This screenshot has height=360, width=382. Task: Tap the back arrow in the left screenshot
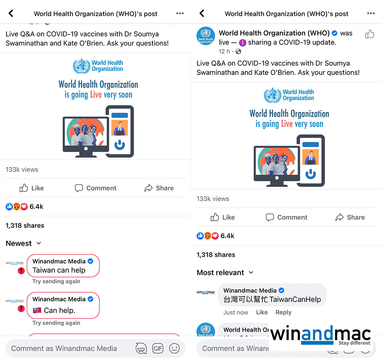[11, 13]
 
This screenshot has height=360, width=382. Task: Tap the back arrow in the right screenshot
[202, 13]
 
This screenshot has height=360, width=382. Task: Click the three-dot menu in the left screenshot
[180, 13]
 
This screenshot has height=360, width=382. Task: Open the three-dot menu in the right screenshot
[371, 13]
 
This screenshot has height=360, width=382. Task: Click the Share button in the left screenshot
[159, 188]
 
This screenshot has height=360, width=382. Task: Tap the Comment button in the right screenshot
[286, 217]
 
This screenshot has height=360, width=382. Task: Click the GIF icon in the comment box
[158, 348]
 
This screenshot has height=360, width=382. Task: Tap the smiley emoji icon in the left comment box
[174, 348]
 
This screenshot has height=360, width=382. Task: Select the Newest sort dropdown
[23, 243]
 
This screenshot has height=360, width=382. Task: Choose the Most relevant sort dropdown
[225, 272]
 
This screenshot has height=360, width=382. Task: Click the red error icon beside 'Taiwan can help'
[21, 271]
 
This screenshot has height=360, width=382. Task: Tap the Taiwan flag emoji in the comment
[37, 310]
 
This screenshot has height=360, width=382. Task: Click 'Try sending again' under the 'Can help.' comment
[56, 323]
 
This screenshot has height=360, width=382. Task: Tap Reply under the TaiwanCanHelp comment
[283, 312]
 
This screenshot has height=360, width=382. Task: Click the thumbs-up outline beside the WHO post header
[369, 34]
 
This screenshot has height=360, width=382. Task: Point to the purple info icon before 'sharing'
[243, 43]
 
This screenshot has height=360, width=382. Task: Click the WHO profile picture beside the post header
[206, 36]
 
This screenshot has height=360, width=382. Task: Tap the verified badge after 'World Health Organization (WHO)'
[335, 33]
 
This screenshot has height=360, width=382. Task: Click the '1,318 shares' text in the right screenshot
[216, 255]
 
